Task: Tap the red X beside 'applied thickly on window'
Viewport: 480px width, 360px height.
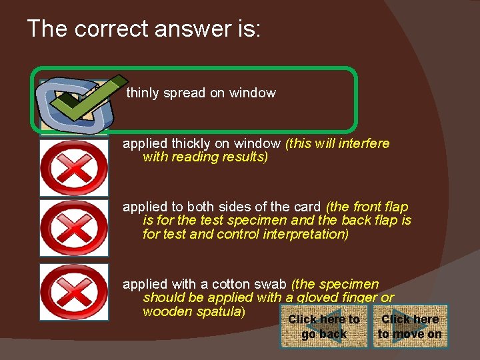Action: coord(73,167)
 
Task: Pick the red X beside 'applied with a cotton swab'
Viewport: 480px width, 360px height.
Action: coord(73,292)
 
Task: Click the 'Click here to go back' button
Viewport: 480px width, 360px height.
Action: coord(324,327)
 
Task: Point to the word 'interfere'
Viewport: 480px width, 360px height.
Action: coord(363,143)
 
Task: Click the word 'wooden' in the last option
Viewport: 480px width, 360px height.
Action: coord(165,311)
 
